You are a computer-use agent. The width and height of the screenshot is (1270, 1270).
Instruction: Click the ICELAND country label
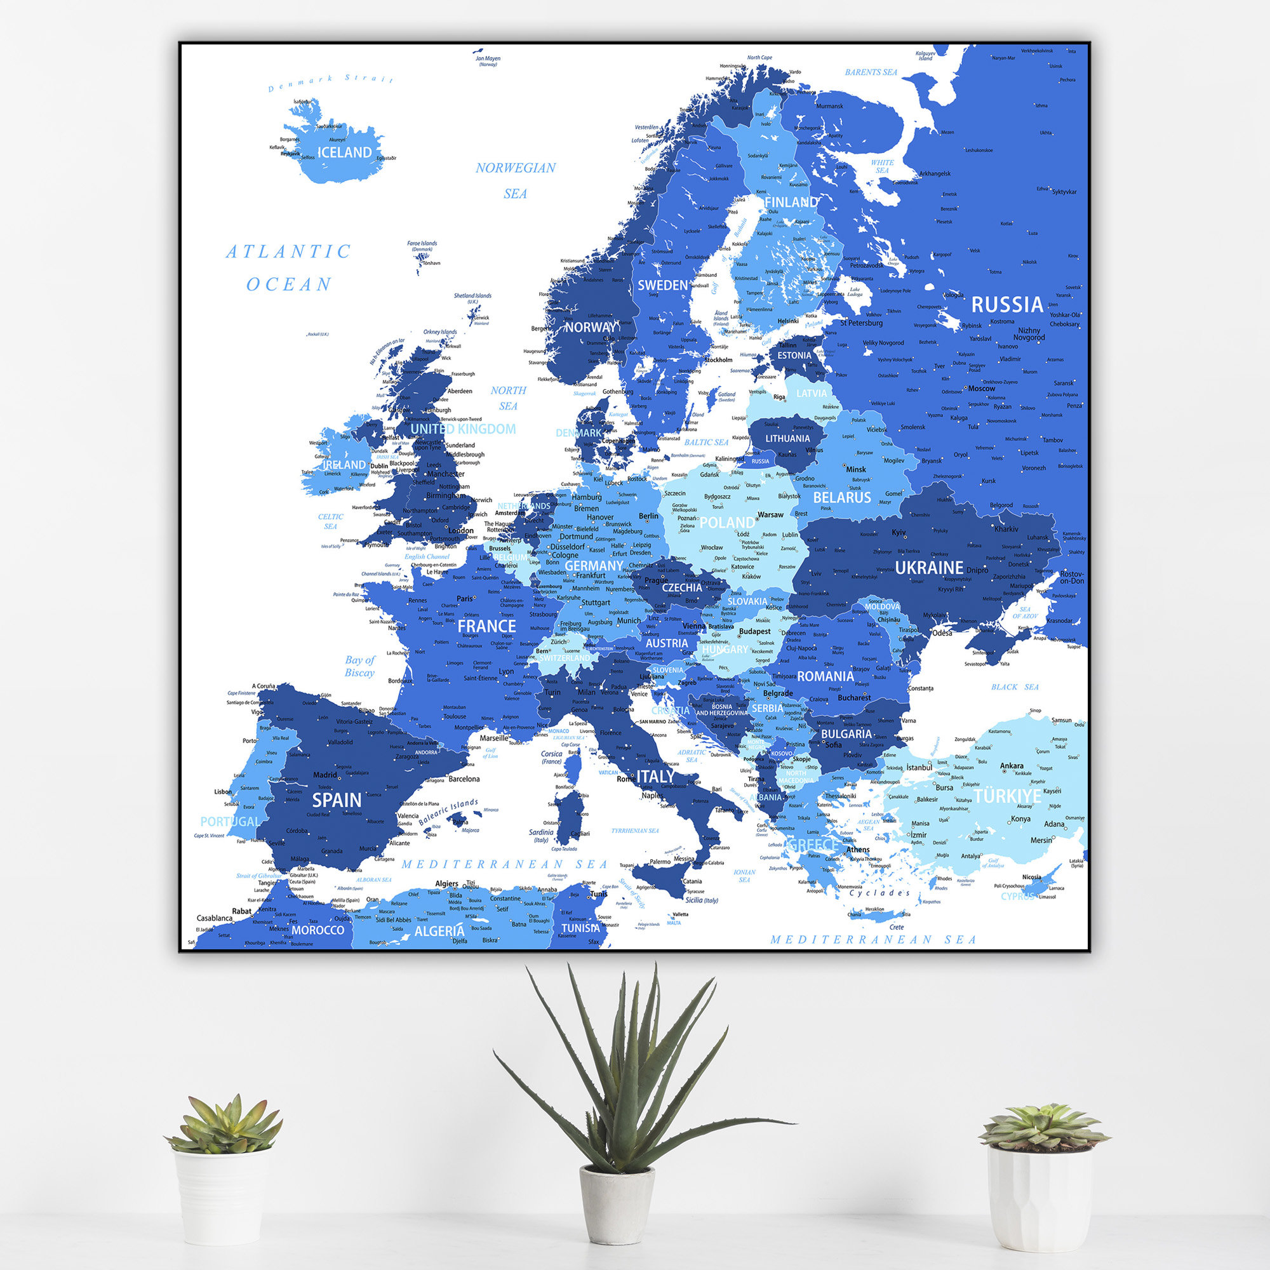tap(344, 152)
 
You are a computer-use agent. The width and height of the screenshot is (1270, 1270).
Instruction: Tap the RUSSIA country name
tap(1006, 304)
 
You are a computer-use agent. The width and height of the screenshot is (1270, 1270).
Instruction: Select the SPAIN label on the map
tap(337, 800)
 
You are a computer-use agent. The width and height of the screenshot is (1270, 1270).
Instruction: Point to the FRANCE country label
tap(486, 626)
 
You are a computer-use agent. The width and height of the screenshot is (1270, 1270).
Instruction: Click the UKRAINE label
tap(929, 567)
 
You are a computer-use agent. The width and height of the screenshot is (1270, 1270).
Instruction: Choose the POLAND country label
tap(726, 523)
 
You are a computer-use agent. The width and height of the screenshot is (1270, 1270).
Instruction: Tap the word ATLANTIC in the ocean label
tap(288, 251)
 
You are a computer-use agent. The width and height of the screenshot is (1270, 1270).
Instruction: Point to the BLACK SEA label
tap(1015, 687)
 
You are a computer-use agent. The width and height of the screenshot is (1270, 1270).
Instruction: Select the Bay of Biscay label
tap(359, 666)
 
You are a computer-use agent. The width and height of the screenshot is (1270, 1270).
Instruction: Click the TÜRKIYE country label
tap(1007, 796)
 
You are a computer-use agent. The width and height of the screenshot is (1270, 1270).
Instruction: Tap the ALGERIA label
tap(439, 931)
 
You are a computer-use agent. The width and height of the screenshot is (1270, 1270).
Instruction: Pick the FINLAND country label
tap(791, 203)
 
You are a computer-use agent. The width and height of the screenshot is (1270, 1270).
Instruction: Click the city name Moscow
tap(982, 389)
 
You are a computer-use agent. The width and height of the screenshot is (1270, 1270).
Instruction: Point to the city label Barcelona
tap(464, 779)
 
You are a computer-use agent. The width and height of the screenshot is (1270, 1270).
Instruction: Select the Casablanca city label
tap(214, 918)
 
